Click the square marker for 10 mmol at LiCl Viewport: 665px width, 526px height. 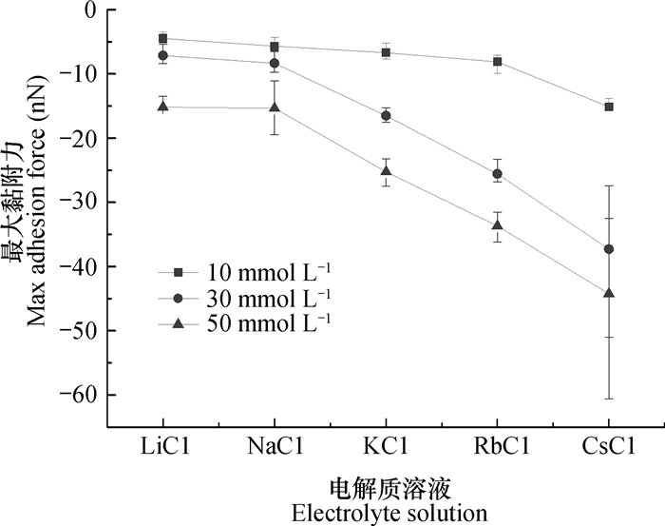click(162, 39)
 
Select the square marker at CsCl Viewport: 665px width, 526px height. click(609, 107)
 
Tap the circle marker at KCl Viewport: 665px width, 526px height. click(386, 116)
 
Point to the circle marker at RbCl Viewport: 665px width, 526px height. click(498, 174)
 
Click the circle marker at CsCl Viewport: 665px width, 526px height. click(609, 249)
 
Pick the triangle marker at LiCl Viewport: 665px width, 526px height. click(162, 107)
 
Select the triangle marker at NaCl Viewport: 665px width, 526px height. click(275, 107)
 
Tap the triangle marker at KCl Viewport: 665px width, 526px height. click(386, 171)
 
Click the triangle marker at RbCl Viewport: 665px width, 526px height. click(498, 225)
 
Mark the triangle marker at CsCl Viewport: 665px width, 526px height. click(609, 293)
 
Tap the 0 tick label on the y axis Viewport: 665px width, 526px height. click(91, 10)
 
